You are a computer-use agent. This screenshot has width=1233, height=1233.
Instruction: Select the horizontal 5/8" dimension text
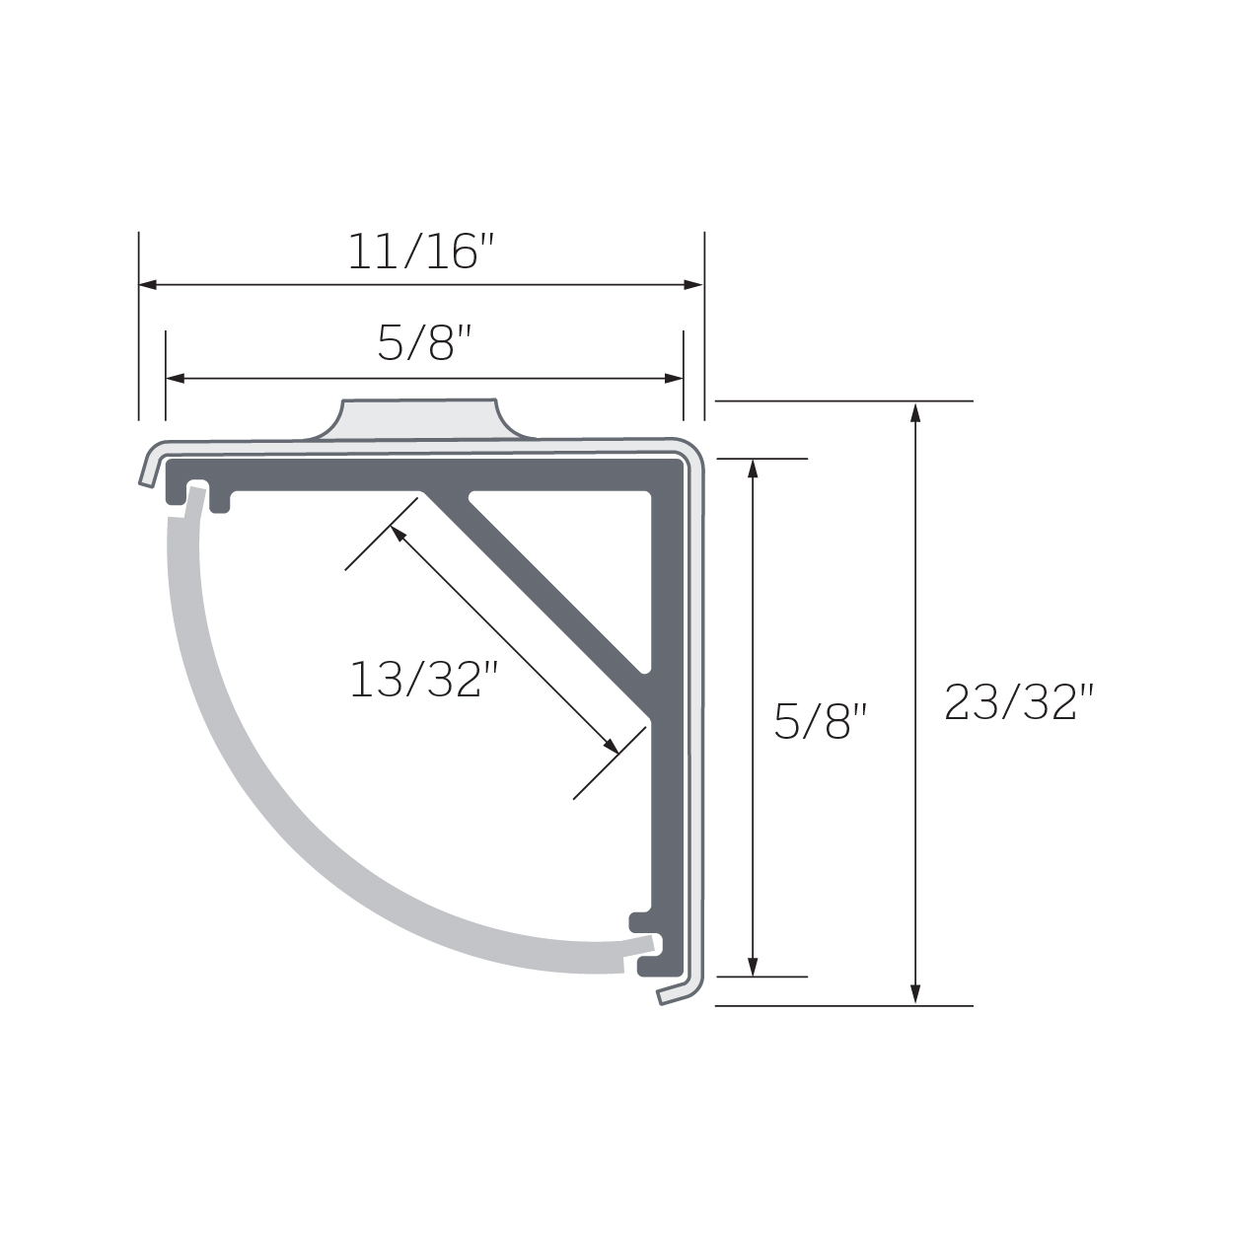pos(424,342)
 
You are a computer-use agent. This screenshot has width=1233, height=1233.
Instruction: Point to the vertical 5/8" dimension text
pos(821,721)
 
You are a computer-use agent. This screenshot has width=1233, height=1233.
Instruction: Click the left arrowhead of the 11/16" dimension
pos(148,285)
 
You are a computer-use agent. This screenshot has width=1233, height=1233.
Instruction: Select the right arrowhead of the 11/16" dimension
pos(693,285)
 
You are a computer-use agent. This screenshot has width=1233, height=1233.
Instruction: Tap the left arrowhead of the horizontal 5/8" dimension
pos(176,378)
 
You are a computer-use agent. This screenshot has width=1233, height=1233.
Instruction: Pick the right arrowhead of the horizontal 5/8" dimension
pos(674,378)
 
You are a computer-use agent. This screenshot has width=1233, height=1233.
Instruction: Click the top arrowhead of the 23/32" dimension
pos(915,412)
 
